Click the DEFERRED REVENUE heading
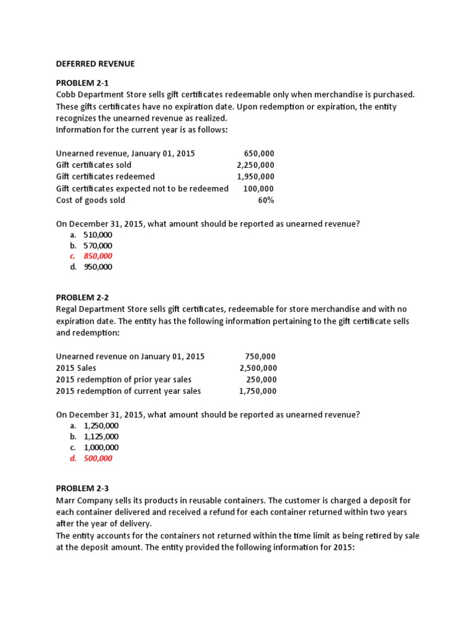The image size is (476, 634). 95,64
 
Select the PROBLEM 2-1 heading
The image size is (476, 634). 82,82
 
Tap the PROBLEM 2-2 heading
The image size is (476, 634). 82,297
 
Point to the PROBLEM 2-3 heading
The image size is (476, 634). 82,488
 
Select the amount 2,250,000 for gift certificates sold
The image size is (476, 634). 255,165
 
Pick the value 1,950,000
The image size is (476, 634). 255,176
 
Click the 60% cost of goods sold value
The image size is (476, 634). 266,200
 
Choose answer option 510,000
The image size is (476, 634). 98,235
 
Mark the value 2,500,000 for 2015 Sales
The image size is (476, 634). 258,368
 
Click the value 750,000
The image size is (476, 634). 261,357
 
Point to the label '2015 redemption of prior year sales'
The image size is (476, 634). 123,380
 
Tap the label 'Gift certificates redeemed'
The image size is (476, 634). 105,176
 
